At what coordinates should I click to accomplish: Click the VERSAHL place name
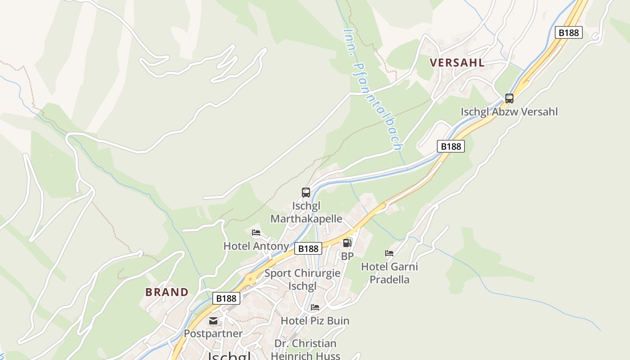[x=457, y=63]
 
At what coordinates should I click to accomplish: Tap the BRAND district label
[x=166, y=292]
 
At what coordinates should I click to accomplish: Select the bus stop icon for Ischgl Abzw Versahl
[x=509, y=98]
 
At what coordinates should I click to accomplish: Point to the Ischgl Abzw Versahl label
[x=509, y=112]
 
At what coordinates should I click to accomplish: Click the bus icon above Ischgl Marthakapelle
[x=306, y=193]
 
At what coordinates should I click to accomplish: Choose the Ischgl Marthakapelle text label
[x=306, y=212]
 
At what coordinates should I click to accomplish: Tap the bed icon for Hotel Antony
[x=256, y=233]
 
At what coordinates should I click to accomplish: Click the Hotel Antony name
[x=256, y=246]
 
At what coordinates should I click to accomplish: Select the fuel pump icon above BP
[x=347, y=243]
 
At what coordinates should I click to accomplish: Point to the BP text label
[x=347, y=256]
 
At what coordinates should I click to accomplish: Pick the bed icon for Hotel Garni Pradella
[x=389, y=253]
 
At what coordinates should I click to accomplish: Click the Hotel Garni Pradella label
[x=390, y=273]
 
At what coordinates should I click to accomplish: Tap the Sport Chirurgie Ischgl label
[x=302, y=279]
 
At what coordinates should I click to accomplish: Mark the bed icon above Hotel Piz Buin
[x=315, y=307]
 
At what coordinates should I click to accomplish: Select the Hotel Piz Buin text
[x=315, y=321]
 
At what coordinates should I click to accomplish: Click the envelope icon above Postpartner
[x=213, y=321]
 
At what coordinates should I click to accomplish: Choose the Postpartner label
[x=213, y=334]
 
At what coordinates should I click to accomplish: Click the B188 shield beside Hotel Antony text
[x=308, y=248]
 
